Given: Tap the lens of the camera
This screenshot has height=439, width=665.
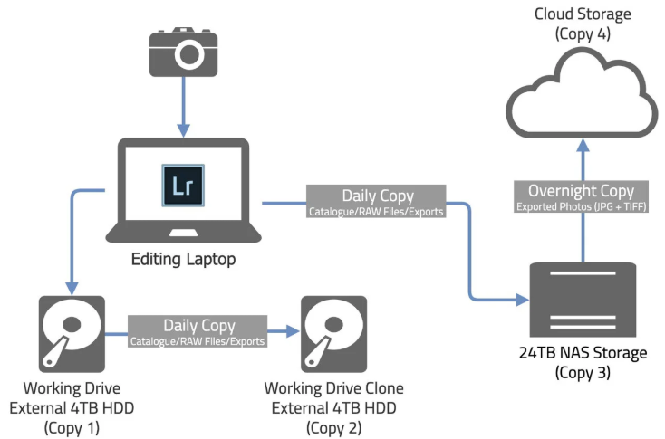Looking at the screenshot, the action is click(189, 54).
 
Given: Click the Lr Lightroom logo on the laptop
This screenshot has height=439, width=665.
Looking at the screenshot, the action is click(183, 186).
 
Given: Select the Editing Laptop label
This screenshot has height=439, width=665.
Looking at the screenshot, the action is click(183, 259).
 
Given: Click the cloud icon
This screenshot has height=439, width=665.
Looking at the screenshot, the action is click(583, 93).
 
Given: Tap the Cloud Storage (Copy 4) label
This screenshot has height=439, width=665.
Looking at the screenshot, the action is click(583, 24).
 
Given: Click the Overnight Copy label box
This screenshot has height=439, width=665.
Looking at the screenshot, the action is click(581, 196).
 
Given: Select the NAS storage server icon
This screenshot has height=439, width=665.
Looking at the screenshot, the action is click(583, 300).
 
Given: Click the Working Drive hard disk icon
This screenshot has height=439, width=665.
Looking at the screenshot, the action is click(72, 334).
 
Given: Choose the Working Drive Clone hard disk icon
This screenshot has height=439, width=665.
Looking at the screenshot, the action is click(333, 334).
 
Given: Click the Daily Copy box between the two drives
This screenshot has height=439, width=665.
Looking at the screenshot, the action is click(198, 331).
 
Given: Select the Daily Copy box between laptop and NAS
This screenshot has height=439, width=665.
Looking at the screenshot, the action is click(376, 201).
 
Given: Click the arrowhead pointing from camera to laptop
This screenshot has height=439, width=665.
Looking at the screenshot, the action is click(183, 130).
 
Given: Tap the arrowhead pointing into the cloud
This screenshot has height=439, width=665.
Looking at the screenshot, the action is click(583, 146).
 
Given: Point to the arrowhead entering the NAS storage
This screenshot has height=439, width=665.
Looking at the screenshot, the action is click(523, 300).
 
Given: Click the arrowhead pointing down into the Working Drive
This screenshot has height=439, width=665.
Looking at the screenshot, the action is click(72, 288).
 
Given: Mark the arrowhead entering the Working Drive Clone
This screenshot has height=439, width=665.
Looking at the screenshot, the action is click(294, 331).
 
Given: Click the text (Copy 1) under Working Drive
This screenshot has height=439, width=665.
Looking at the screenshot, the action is click(72, 427).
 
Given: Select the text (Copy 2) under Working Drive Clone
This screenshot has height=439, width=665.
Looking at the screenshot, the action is click(333, 427).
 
